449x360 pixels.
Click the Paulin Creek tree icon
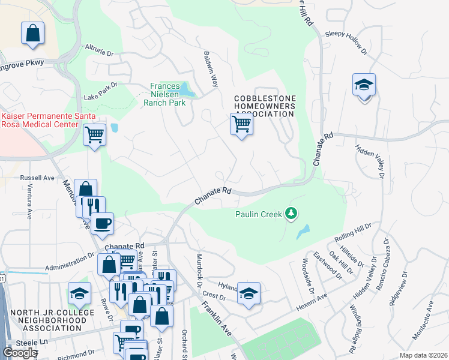click(291, 214)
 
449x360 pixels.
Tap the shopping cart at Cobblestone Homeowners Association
click(241, 125)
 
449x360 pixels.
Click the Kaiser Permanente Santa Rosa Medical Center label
click(40, 120)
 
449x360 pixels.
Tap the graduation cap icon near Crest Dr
click(249, 293)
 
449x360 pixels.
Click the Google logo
click(20, 353)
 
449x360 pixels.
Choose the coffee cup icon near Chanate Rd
click(103, 223)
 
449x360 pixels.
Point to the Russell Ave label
click(37, 178)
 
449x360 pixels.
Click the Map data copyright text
click(423, 355)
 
